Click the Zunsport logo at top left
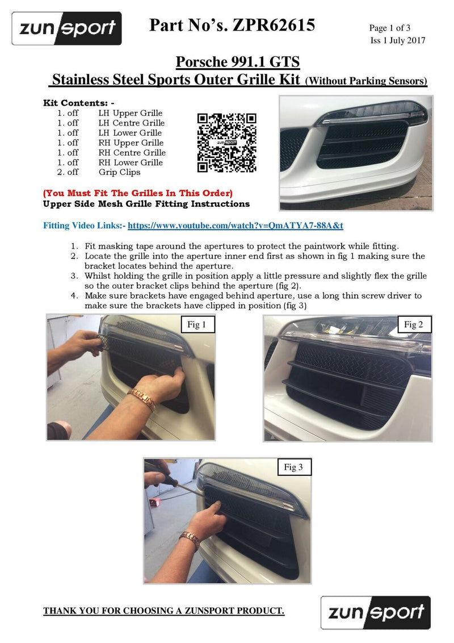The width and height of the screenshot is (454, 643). click(67, 28)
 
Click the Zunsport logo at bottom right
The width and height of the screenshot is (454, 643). click(376, 612)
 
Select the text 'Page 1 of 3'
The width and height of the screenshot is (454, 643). click(389, 28)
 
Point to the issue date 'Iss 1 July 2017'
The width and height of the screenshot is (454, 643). click(397, 40)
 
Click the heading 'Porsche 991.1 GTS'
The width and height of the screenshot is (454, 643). click(238, 62)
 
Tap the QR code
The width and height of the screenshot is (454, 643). click(226, 143)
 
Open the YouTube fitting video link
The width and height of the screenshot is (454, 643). click(235, 226)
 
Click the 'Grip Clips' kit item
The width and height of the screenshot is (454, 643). click(119, 172)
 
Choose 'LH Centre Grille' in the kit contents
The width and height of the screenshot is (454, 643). click(131, 123)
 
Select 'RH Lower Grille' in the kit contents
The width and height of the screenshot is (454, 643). click(131, 162)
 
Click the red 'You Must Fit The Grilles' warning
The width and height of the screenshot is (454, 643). click(138, 193)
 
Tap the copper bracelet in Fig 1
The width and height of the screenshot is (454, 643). click(142, 399)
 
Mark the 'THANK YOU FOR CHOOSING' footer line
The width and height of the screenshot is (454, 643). click(164, 611)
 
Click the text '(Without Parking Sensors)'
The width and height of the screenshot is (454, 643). click(366, 81)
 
